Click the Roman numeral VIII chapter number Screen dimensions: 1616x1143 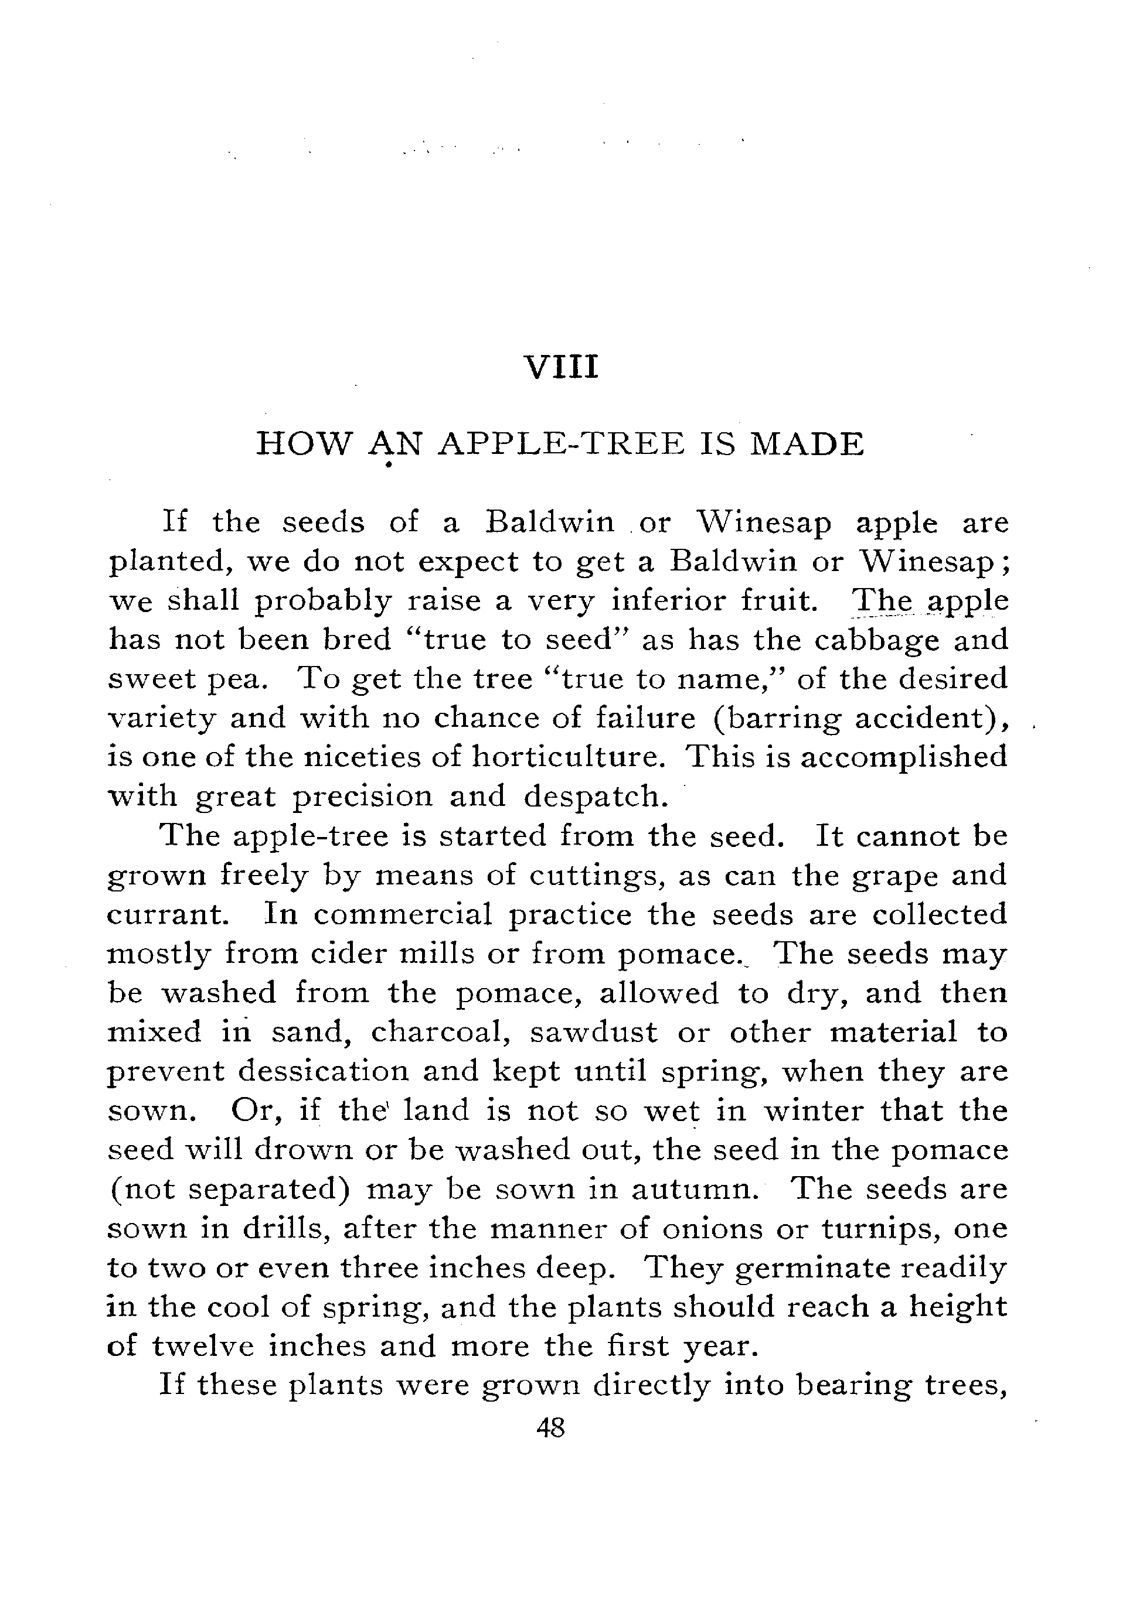pos(562,367)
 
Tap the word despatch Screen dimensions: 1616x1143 pos(594,797)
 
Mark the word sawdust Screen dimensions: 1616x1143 pos(593,1033)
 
